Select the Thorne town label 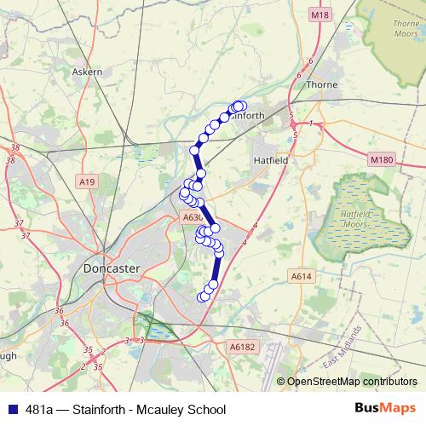point(322,85)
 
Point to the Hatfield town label point(272,159)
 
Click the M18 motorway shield point(319,14)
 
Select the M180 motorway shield point(383,159)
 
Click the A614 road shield point(301,276)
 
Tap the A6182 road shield point(242,347)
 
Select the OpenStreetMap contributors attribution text point(352,382)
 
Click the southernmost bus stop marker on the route point(203,297)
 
